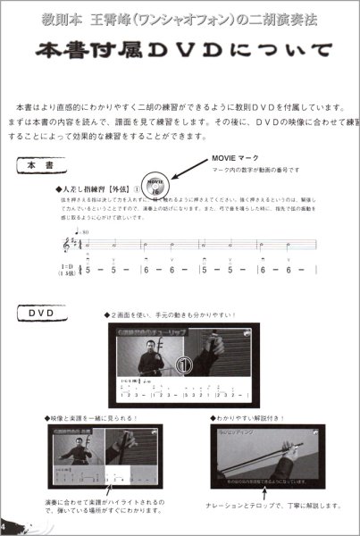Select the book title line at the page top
pyautogui.click(x=180, y=17)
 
